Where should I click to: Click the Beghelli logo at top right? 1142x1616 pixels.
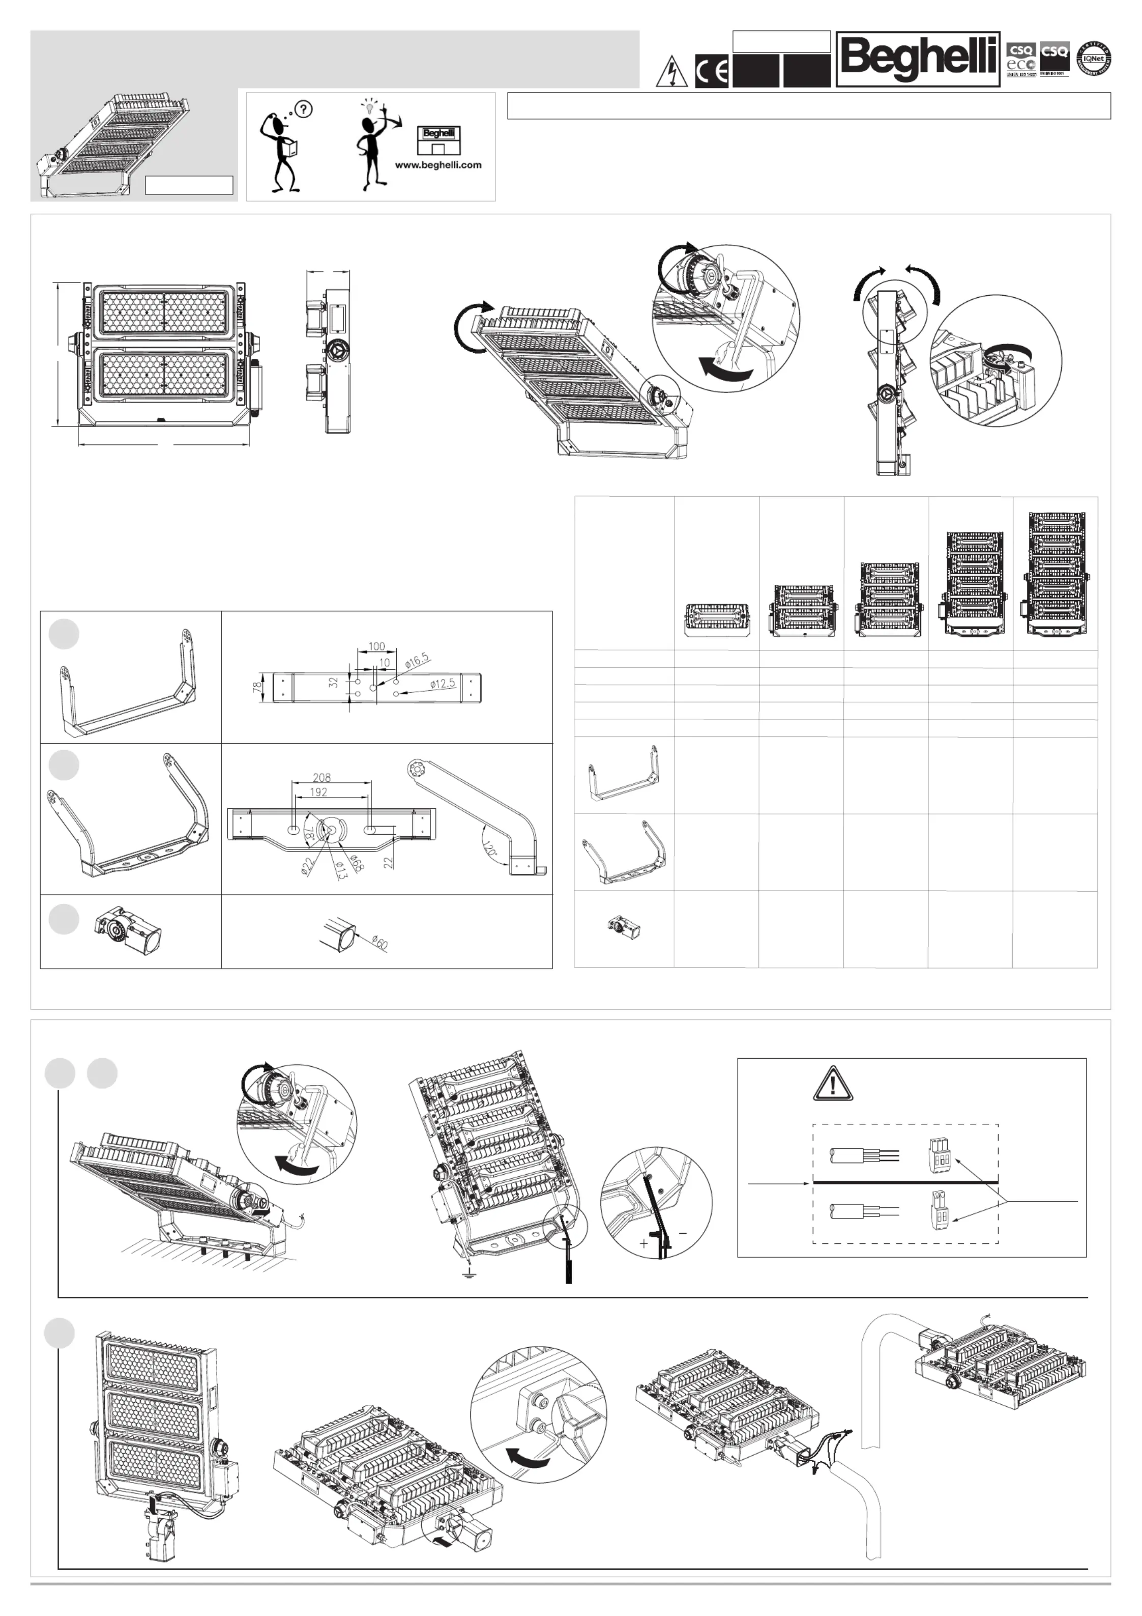click(x=918, y=59)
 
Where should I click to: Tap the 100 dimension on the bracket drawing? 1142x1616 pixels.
click(x=376, y=646)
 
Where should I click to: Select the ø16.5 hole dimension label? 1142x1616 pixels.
click(x=417, y=660)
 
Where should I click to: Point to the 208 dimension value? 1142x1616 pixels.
click(x=321, y=778)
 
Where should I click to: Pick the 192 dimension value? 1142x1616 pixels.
click(x=318, y=792)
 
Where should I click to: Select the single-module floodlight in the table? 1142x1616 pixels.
click(x=716, y=619)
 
